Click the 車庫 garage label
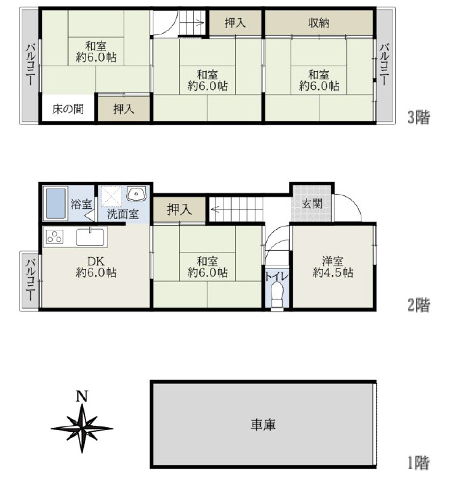[263, 425]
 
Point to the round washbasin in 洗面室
[136, 195]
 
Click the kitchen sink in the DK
[90, 237]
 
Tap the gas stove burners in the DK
[54, 237]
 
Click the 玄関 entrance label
[311, 203]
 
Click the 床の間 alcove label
[68, 109]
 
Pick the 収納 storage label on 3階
[319, 23]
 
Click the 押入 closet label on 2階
[179, 210]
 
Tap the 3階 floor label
[418, 118]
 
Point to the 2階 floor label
[418, 305]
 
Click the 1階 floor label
[418, 464]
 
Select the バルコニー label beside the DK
[30, 279]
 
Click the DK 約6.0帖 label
[95, 266]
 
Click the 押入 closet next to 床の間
[123, 109]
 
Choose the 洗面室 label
[123, 214]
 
